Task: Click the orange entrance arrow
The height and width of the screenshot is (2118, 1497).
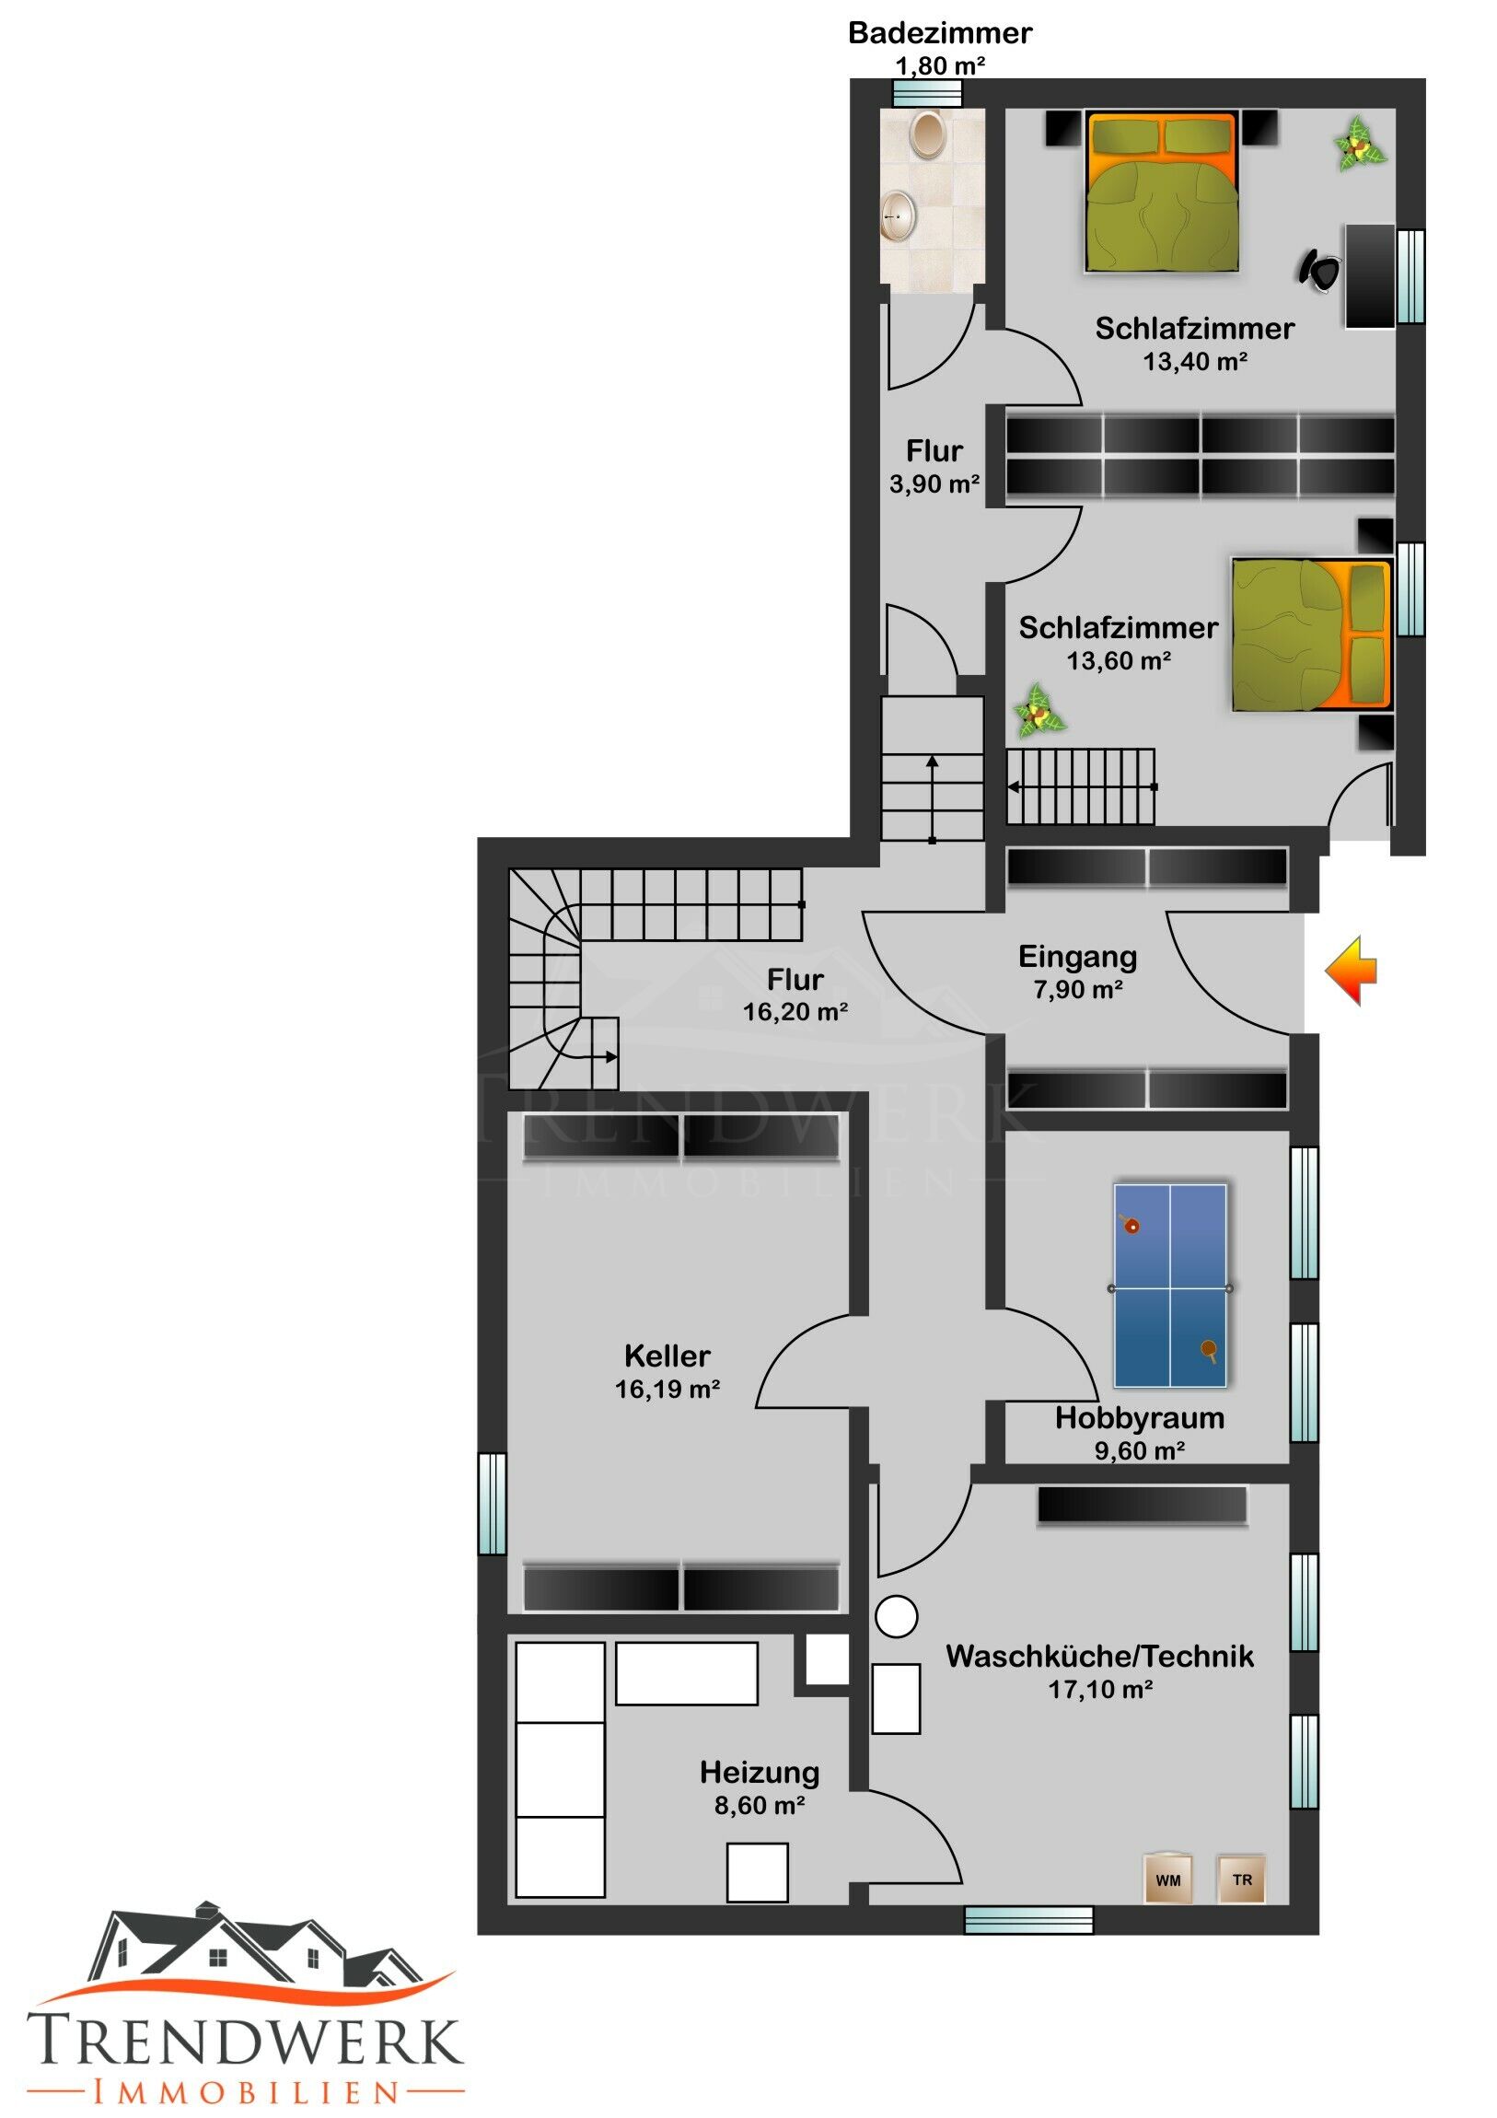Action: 1352,971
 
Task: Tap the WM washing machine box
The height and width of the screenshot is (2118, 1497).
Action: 1167,1879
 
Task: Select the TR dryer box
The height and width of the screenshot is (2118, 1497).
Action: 1241,1879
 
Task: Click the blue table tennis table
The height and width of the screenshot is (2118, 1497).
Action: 1170,1286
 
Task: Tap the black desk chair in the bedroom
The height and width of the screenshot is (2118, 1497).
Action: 1320,270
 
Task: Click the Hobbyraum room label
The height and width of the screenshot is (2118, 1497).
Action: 1140,1418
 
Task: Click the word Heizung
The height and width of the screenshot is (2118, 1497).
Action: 760,1772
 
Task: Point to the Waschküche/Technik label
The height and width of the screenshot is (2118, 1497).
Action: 1100,1656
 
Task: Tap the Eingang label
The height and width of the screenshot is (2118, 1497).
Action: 1077,957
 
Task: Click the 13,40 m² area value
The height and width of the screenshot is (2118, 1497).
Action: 1195,362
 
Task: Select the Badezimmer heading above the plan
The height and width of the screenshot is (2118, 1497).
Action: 940,33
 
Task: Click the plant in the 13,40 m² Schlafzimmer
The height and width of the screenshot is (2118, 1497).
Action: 1359,144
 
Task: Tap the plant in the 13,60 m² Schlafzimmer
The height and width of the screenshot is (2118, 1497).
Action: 1040,710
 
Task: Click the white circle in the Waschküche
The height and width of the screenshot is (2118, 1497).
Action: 897,1616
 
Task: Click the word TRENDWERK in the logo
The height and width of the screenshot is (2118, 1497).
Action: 244,2041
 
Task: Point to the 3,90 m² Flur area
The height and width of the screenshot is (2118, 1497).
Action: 934,483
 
